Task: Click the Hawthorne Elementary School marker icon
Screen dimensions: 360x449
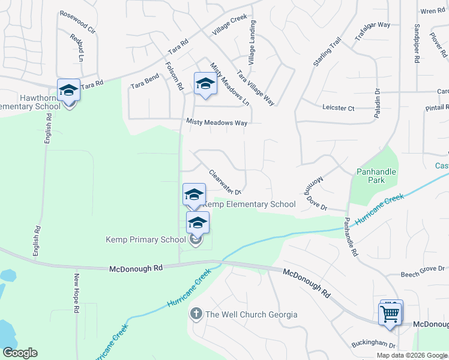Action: point(68,91)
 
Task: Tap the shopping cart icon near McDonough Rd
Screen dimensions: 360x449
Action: point(390,313)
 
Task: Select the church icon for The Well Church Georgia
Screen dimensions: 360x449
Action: point(196,314)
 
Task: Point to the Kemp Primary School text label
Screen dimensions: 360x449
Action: point(146,240)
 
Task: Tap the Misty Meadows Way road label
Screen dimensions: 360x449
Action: point(217,122)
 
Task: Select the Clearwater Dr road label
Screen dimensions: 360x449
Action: point(225,182)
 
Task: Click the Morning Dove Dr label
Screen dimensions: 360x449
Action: point(315,195)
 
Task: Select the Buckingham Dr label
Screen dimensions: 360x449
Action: point(374,346)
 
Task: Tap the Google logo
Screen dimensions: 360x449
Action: point(20,353)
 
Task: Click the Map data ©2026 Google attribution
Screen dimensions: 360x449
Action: point(412,355)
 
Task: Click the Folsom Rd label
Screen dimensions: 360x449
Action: point(173,76)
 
